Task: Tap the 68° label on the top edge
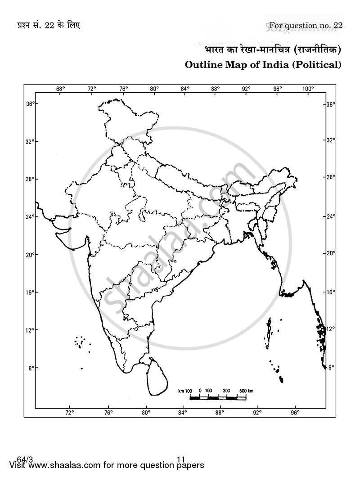pyautogui.click(x=61, y=89)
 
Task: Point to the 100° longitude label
pyautogui.click(x=308, y=89)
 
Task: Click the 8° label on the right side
pyautogui.click(x=331, y=368)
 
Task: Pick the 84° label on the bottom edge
pyautogui.click(x=182, y=412)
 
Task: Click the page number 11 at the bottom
pyautogui.click(x=181, y=459)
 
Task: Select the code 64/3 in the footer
pyautogui.click(x=21, y=459)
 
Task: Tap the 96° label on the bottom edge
pyautogui.click(x=295, y=412)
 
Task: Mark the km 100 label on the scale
pyautogui.click(x=186, y=390)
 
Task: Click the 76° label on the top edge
pyautogui.click(x=123, y=89)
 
